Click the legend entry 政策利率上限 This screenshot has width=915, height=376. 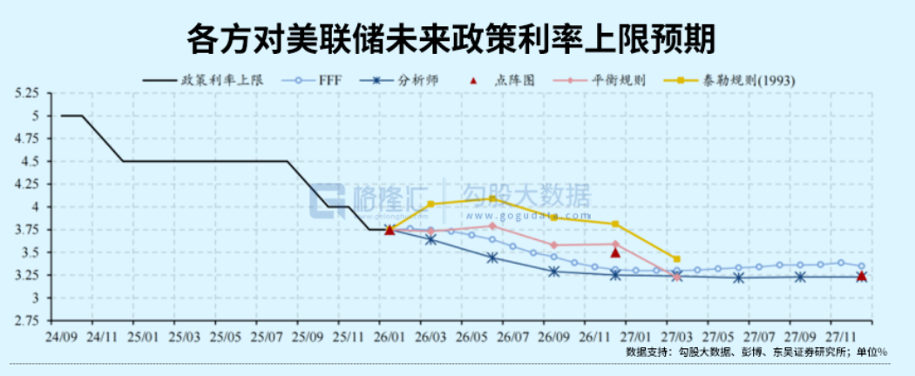(221, 79)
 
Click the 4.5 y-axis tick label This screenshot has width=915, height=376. (31, 161)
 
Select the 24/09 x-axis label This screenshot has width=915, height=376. (61, 336)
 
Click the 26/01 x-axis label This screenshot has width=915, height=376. (390, 336)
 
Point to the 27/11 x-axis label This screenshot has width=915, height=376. (843, 336)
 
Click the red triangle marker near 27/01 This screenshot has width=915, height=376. (615, 252)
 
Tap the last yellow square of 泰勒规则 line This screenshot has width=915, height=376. (677, 258)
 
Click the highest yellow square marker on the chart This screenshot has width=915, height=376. (492, 198)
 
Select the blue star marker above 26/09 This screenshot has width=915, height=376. (554, 271)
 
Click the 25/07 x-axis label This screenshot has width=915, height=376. (267, 336)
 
